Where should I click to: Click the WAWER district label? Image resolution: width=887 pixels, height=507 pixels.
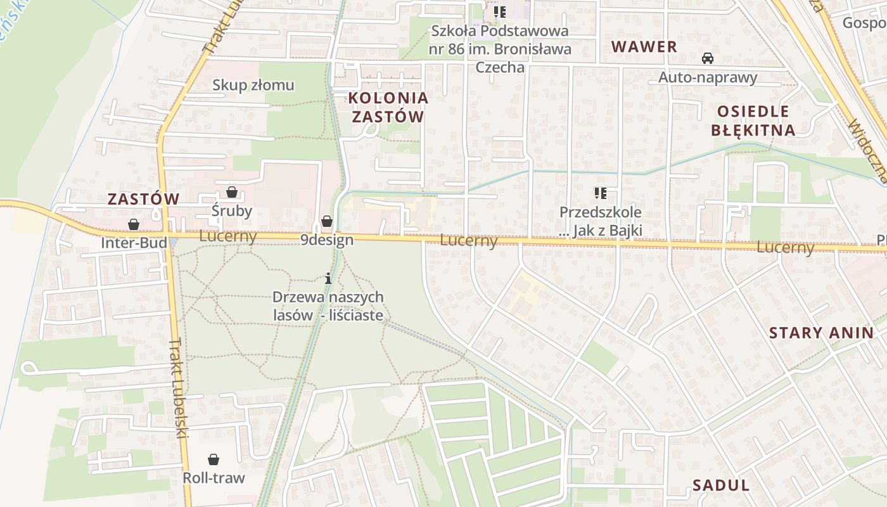click(644, 46)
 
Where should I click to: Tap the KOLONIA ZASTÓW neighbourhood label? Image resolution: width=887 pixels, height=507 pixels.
click(388, 107)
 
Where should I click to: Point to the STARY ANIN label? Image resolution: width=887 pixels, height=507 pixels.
click(820, 333)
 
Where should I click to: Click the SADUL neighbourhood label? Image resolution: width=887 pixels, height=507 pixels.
click(720, 485)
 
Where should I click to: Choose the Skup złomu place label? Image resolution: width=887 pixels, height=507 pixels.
click(253, 85)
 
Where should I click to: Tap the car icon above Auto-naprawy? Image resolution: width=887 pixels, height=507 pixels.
click(708, 58)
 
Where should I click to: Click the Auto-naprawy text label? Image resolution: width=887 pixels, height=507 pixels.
click(708, 77)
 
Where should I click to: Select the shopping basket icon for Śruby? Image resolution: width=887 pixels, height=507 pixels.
click(232, 192)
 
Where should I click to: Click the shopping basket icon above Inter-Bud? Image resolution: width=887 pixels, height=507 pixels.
click(134, 224)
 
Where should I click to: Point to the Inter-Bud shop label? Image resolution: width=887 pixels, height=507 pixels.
click(134, 243)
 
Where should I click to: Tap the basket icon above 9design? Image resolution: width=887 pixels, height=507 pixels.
click(326, 221)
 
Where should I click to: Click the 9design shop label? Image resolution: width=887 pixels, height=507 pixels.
click(326, 240)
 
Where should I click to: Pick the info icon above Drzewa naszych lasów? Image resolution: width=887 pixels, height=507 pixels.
click(328, 278)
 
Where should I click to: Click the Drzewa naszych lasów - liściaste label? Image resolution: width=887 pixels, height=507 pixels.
click(328, 305)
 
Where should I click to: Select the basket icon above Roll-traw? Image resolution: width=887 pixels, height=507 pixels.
click(214, 459)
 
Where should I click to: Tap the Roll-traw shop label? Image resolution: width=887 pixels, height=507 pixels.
click(214, 478)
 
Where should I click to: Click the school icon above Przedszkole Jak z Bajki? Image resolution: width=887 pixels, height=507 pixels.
click(600, 193)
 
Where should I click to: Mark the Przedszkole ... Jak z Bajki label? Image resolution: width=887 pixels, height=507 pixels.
click(600, 221)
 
